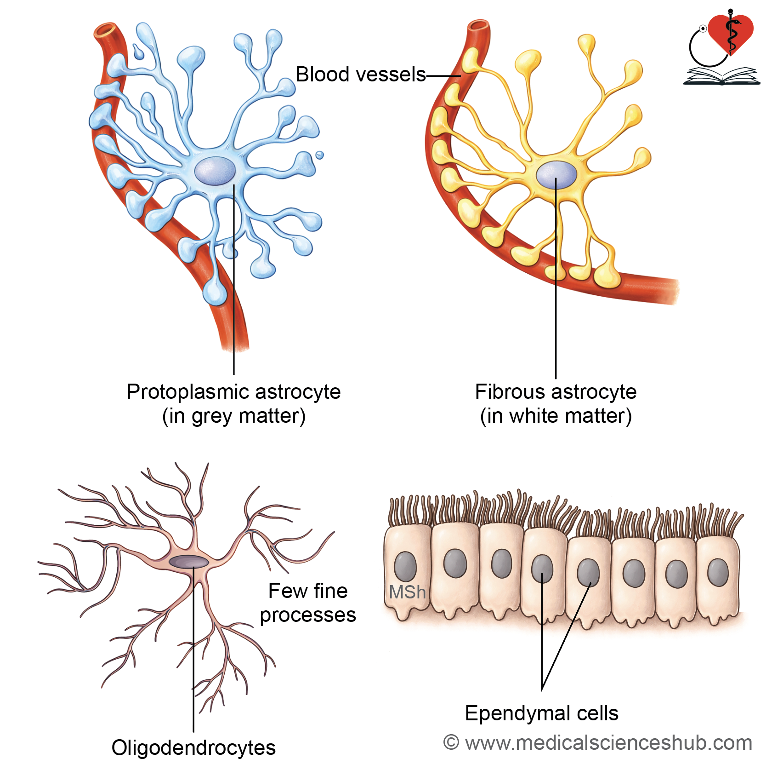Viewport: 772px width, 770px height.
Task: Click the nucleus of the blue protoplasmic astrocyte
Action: click(x=215, y=171)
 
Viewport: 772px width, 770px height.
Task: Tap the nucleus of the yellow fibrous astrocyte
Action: click(x=556, y=175)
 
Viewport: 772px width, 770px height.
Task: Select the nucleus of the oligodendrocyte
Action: click(x=189, y=562)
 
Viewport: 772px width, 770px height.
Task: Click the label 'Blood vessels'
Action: click(x=361, y=75)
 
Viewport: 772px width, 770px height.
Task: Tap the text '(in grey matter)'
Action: click(x=234, y=416)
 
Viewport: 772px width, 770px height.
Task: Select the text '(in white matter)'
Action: click(x=556, y=416)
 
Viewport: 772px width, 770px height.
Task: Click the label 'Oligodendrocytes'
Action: click(x=193, y=748)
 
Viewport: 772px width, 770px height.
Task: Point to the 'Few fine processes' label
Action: click(x=308, y=603)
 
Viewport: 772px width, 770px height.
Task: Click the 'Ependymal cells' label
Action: click(x=542, y=713)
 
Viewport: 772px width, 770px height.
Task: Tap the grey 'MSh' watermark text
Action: click(x=407, y=592)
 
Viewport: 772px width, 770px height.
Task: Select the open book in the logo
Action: click(x=721, y=76)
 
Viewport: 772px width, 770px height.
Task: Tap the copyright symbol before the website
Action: click(x=451, y=742)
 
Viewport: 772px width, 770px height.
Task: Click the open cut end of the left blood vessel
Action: click(x=106, y=30)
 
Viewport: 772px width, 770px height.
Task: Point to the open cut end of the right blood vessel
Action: click(x=479, y=25)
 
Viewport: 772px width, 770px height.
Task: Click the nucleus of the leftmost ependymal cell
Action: click(x=405, y=566)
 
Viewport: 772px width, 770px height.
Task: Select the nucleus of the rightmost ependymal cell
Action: click(x=718, y=572)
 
